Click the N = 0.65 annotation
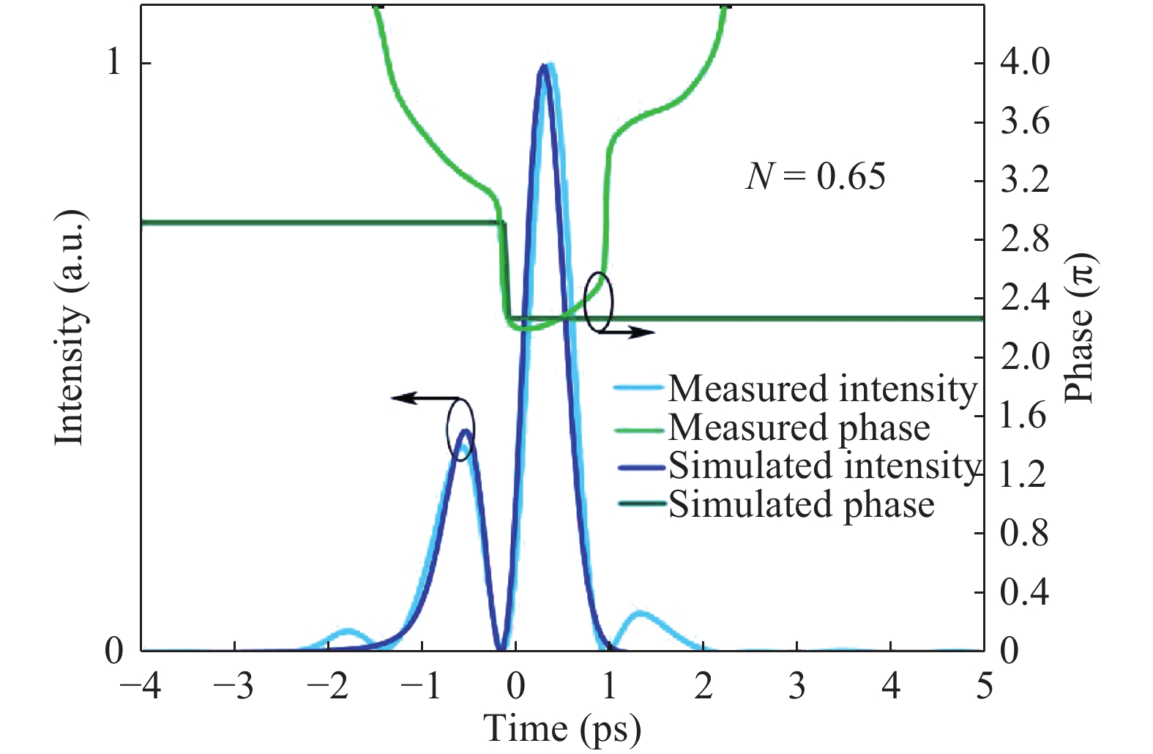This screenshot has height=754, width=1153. (815, 176)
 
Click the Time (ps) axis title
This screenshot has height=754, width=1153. (561, 729)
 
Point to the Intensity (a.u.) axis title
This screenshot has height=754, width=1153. (71, 327)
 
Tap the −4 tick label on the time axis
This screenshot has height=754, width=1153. (141, 687)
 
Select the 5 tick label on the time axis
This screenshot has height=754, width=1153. (984, 687)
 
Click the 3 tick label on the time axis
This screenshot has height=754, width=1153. (796, 687)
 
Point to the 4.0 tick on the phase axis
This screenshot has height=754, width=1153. (1024, 62)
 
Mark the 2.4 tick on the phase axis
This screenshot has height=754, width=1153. (1024, 298)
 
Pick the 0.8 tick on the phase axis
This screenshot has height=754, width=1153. (1024, 533)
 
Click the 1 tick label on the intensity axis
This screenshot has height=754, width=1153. (113, 62)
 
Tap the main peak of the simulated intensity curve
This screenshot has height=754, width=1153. (542, 67)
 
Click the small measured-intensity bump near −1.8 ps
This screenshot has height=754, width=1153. (348, 630)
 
